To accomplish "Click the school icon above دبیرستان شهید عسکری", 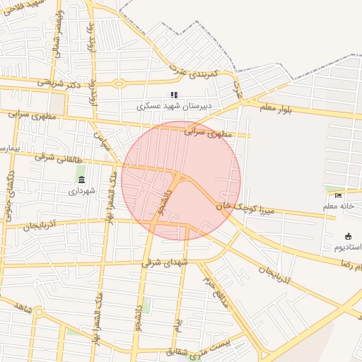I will click(x=173, y=95).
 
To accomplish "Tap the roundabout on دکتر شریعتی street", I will click(x=117, y=83).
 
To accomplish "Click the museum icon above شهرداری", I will click(x=81, y=179).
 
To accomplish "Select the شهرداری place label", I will click(x=81, y=190).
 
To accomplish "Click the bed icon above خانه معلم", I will click(x=338, y=195).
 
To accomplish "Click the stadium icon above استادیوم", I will click(x=348, y=236).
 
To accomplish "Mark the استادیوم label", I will click(x=346, y=247).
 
